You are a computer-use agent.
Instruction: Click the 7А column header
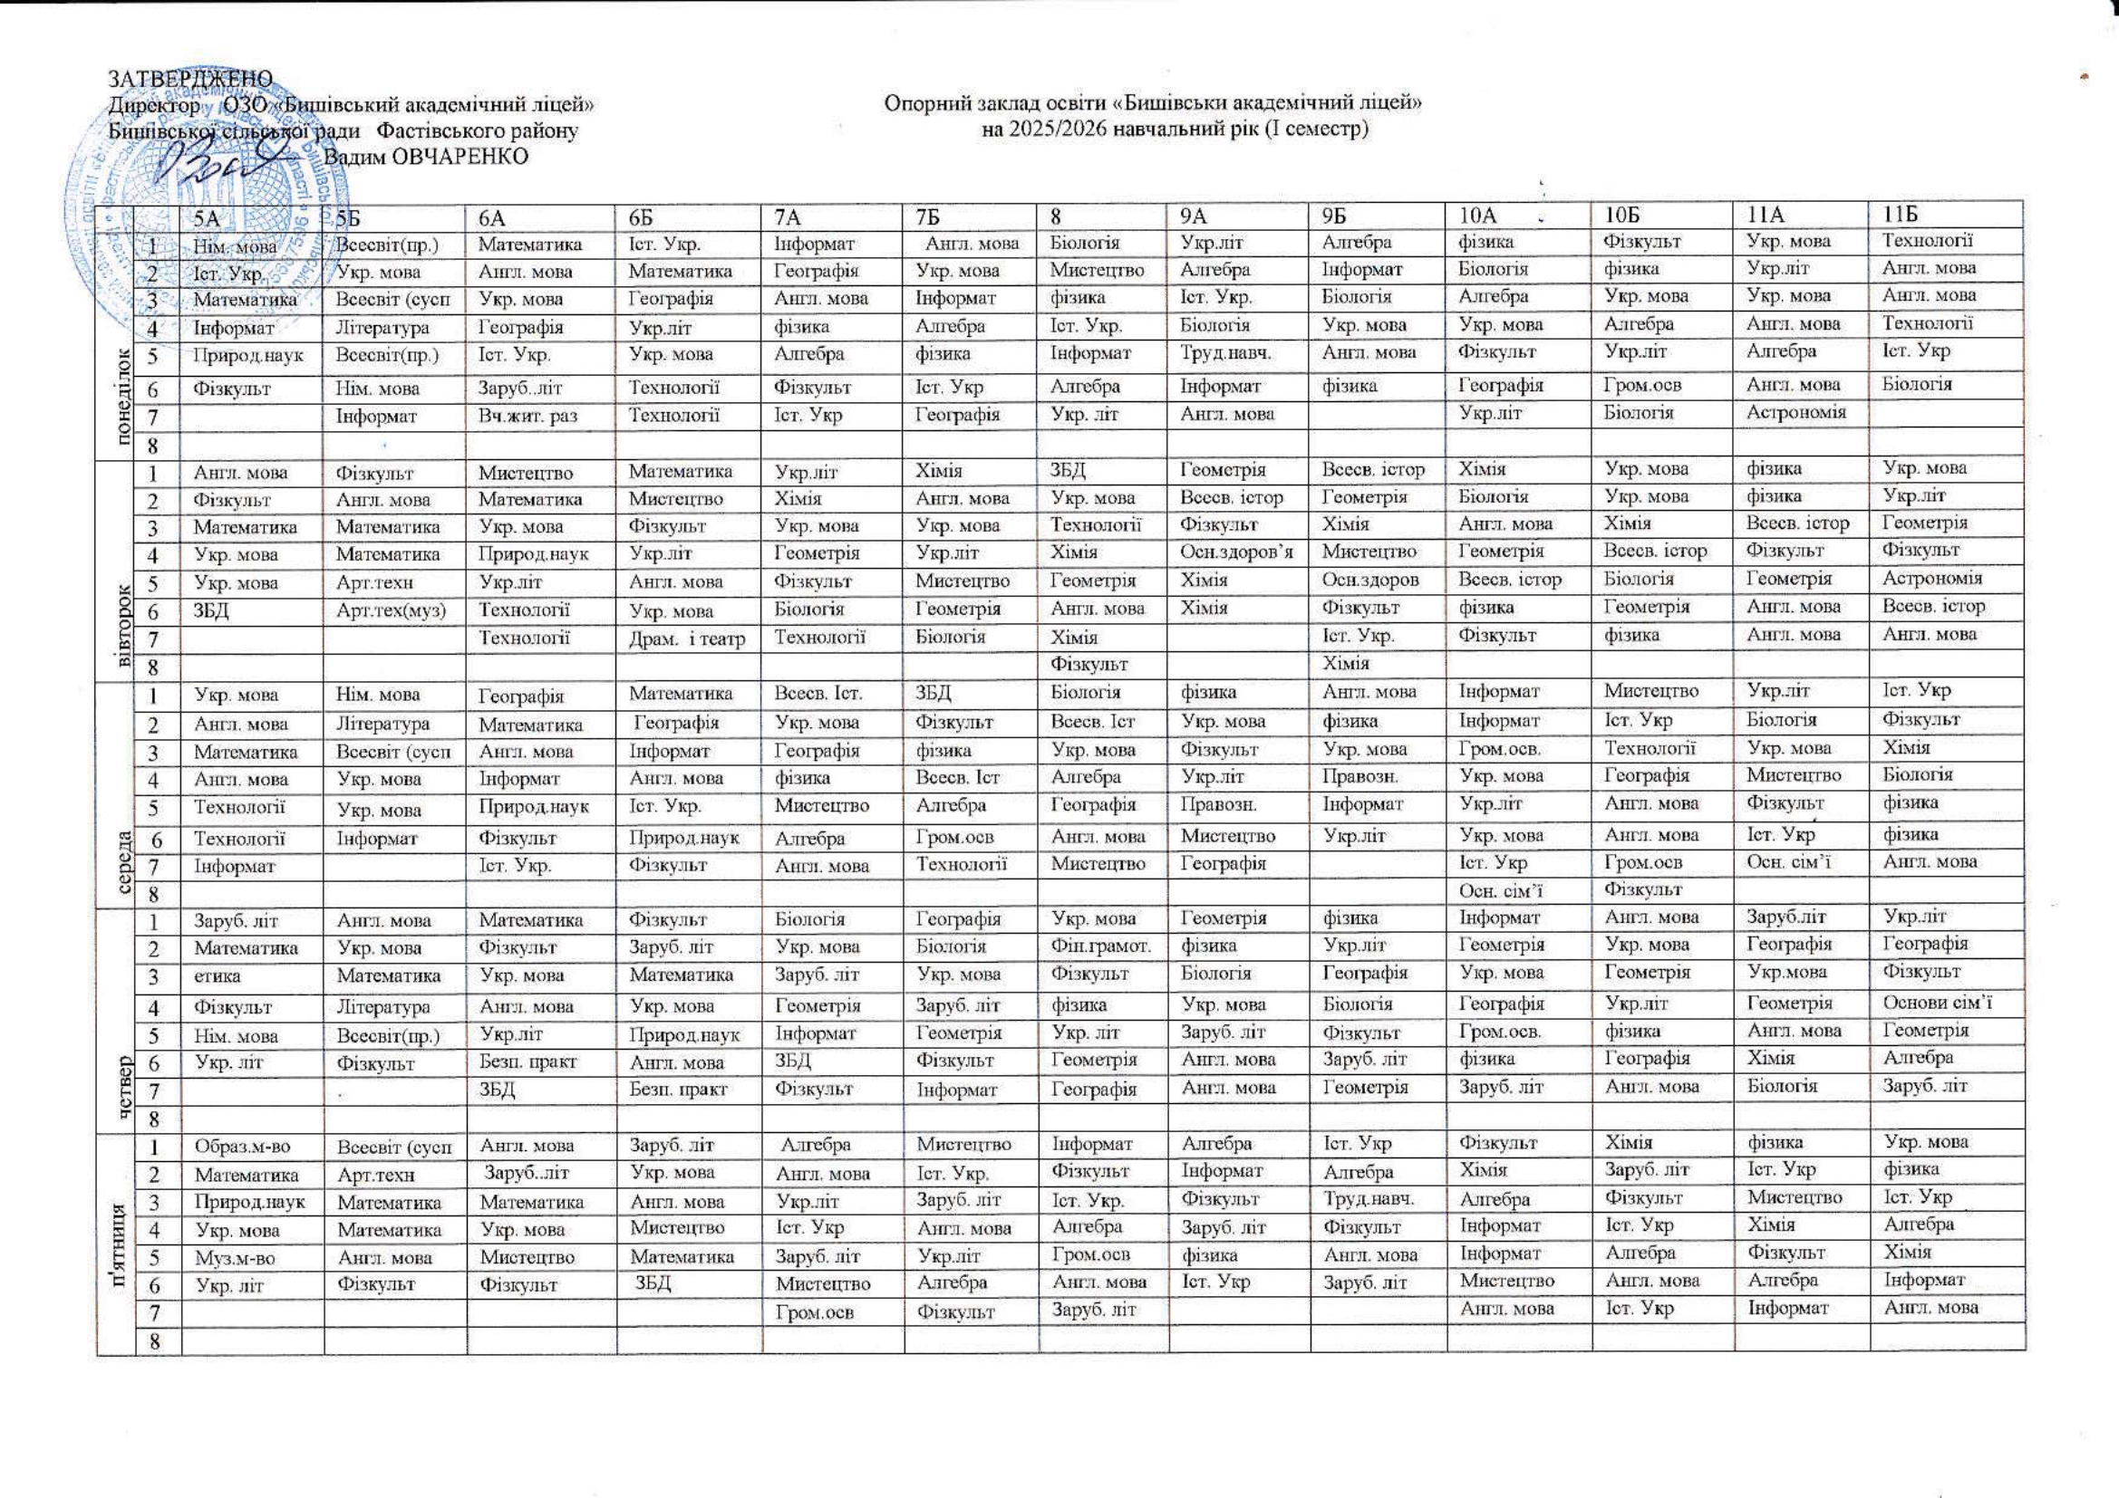coord(790,216)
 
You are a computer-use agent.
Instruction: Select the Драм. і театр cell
coord(687,638)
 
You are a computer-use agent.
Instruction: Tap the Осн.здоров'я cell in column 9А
coord(1237,552)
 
